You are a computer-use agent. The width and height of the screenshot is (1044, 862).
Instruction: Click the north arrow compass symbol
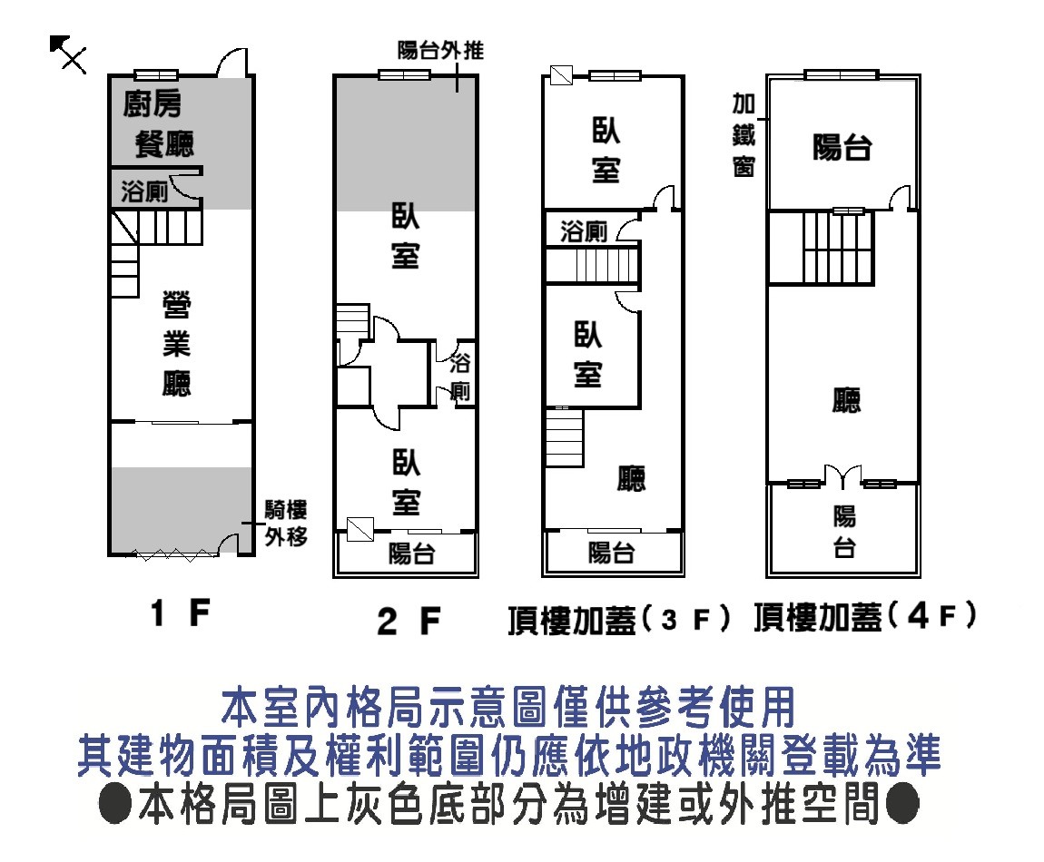pos(67,54)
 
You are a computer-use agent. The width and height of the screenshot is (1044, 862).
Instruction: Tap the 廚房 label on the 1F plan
pos(152,105)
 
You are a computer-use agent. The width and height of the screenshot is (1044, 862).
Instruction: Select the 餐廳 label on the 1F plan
pos(164,143)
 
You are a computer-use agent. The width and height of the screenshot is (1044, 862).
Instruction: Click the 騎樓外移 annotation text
pos(285,524)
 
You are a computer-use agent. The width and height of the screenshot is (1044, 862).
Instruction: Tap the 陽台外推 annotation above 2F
pos(440,50)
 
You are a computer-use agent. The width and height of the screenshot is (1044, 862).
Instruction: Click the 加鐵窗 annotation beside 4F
pos(744,136)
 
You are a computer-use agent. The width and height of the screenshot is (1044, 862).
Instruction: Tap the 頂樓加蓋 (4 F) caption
pos(865,618)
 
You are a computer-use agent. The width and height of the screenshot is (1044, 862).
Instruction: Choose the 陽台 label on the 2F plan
pos(411,553)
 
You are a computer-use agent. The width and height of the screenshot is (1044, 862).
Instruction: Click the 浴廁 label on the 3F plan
pos(584,231)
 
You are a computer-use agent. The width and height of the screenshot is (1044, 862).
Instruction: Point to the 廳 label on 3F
pos(631,478)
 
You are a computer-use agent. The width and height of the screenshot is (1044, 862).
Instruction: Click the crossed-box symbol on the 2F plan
pos(360,528)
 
